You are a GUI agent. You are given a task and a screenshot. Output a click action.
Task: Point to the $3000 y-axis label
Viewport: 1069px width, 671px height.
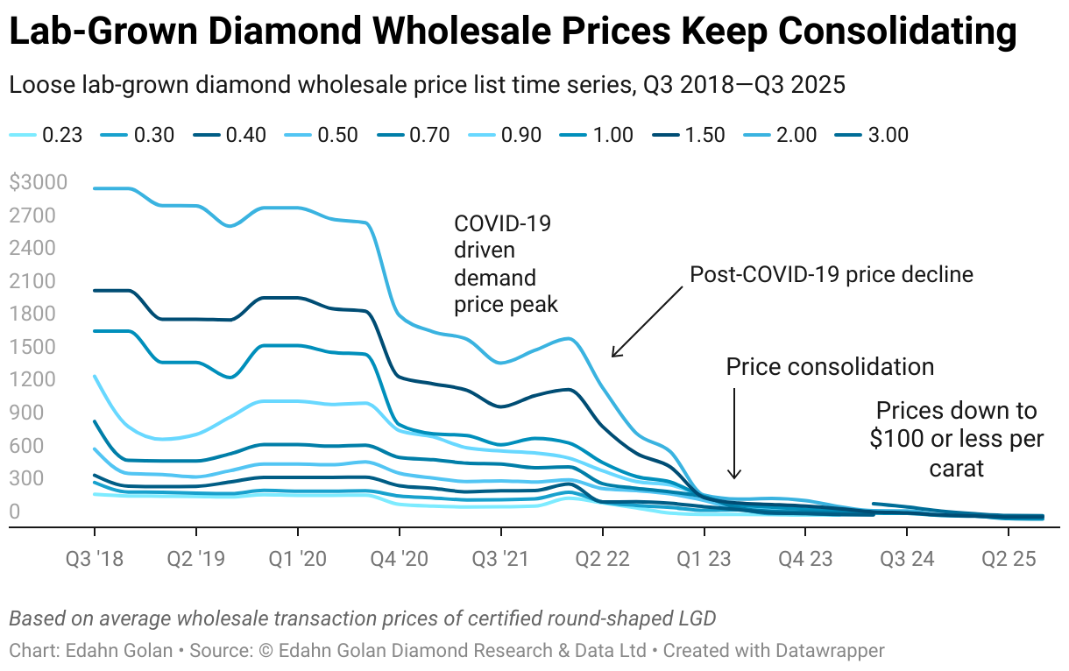[36, 183]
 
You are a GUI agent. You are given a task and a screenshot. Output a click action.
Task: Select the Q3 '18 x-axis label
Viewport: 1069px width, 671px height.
[94, 558]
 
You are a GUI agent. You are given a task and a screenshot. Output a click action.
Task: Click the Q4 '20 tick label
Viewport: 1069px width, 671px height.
[399, 558]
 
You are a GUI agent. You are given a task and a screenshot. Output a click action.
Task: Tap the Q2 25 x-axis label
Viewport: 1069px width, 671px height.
[1008, 558]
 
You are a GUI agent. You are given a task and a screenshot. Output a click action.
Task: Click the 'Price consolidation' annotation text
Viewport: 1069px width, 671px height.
[829, 366]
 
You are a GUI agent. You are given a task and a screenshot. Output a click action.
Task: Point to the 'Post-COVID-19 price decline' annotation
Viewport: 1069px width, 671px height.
[832, 274]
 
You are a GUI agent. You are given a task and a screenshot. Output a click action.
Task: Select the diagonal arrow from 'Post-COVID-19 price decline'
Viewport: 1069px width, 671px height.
[647, 321]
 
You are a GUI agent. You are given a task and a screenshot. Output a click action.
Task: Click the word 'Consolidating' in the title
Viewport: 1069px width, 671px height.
[896, 33]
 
